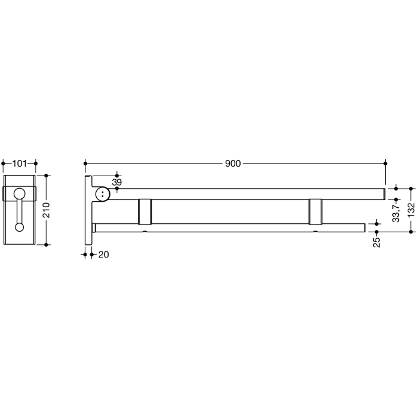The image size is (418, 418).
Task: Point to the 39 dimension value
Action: (116, 182)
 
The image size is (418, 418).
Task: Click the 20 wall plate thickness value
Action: (103, 254)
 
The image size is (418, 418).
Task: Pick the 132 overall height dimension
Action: (411, 208)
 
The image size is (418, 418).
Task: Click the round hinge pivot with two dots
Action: (103, 194)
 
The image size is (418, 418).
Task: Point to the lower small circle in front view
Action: (20, 227)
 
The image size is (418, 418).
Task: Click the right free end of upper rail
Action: (382, 194)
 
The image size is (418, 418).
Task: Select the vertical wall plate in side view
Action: (88, 210)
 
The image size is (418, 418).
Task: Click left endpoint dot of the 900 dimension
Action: (86, 163)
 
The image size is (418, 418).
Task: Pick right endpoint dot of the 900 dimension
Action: (386, 163)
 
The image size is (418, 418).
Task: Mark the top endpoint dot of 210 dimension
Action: (47, 176)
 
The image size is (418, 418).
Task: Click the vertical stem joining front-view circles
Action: (20, 210)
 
